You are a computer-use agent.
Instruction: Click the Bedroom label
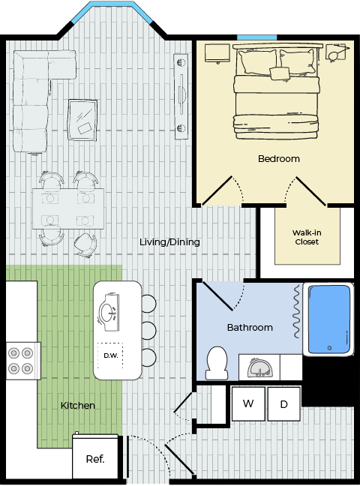click(x=279, y=159)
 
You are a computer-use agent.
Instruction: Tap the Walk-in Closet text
click(x=307, y=237)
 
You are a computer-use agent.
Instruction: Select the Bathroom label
click(x=250, y=327)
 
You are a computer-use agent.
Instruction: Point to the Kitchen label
click(x=78, y=405)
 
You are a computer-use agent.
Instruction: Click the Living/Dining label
click(x=169, y=241)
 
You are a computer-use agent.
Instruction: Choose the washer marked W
click(x=248, y=403)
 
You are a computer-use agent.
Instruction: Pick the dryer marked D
click(x=284, y=403)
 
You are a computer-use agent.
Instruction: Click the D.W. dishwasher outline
click(x=110, y=355)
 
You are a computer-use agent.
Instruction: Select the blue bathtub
click(x=329, y=319)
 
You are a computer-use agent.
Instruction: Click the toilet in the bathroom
click(x=217, y=363)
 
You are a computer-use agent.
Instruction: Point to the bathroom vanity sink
click(x=259, y=367)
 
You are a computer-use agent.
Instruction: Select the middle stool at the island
click(x=149, y=331)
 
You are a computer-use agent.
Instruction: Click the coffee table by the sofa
click(x=82, y=120)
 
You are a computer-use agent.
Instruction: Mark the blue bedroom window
click(x=256, y=37)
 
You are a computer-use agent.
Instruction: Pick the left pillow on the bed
click(x=256, y=62)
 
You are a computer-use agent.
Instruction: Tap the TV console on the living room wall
click(x=181, y=97)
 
